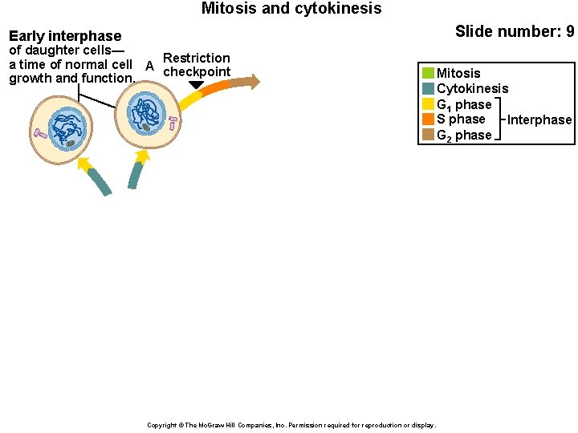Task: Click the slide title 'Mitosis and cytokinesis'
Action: coord(291,9)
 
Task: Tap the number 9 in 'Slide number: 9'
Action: coord(569,31)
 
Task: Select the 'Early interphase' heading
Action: coord(65,36)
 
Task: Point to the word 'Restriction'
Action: coord(196,58)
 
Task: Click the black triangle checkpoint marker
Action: coord(196,85)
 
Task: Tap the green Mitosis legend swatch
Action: coord(428,74)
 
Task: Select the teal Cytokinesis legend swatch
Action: coord(428,89)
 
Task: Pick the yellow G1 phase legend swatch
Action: coord(428,104)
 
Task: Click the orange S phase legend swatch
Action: coord(428,119)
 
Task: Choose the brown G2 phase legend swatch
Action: coord(428,135)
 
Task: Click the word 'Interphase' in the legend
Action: coord(539,120)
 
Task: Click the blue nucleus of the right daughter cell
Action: coord(146,113)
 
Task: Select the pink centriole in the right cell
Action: coord(173,123)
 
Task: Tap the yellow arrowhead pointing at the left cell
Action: coord(83,164)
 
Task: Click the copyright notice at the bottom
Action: coord(291,425)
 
